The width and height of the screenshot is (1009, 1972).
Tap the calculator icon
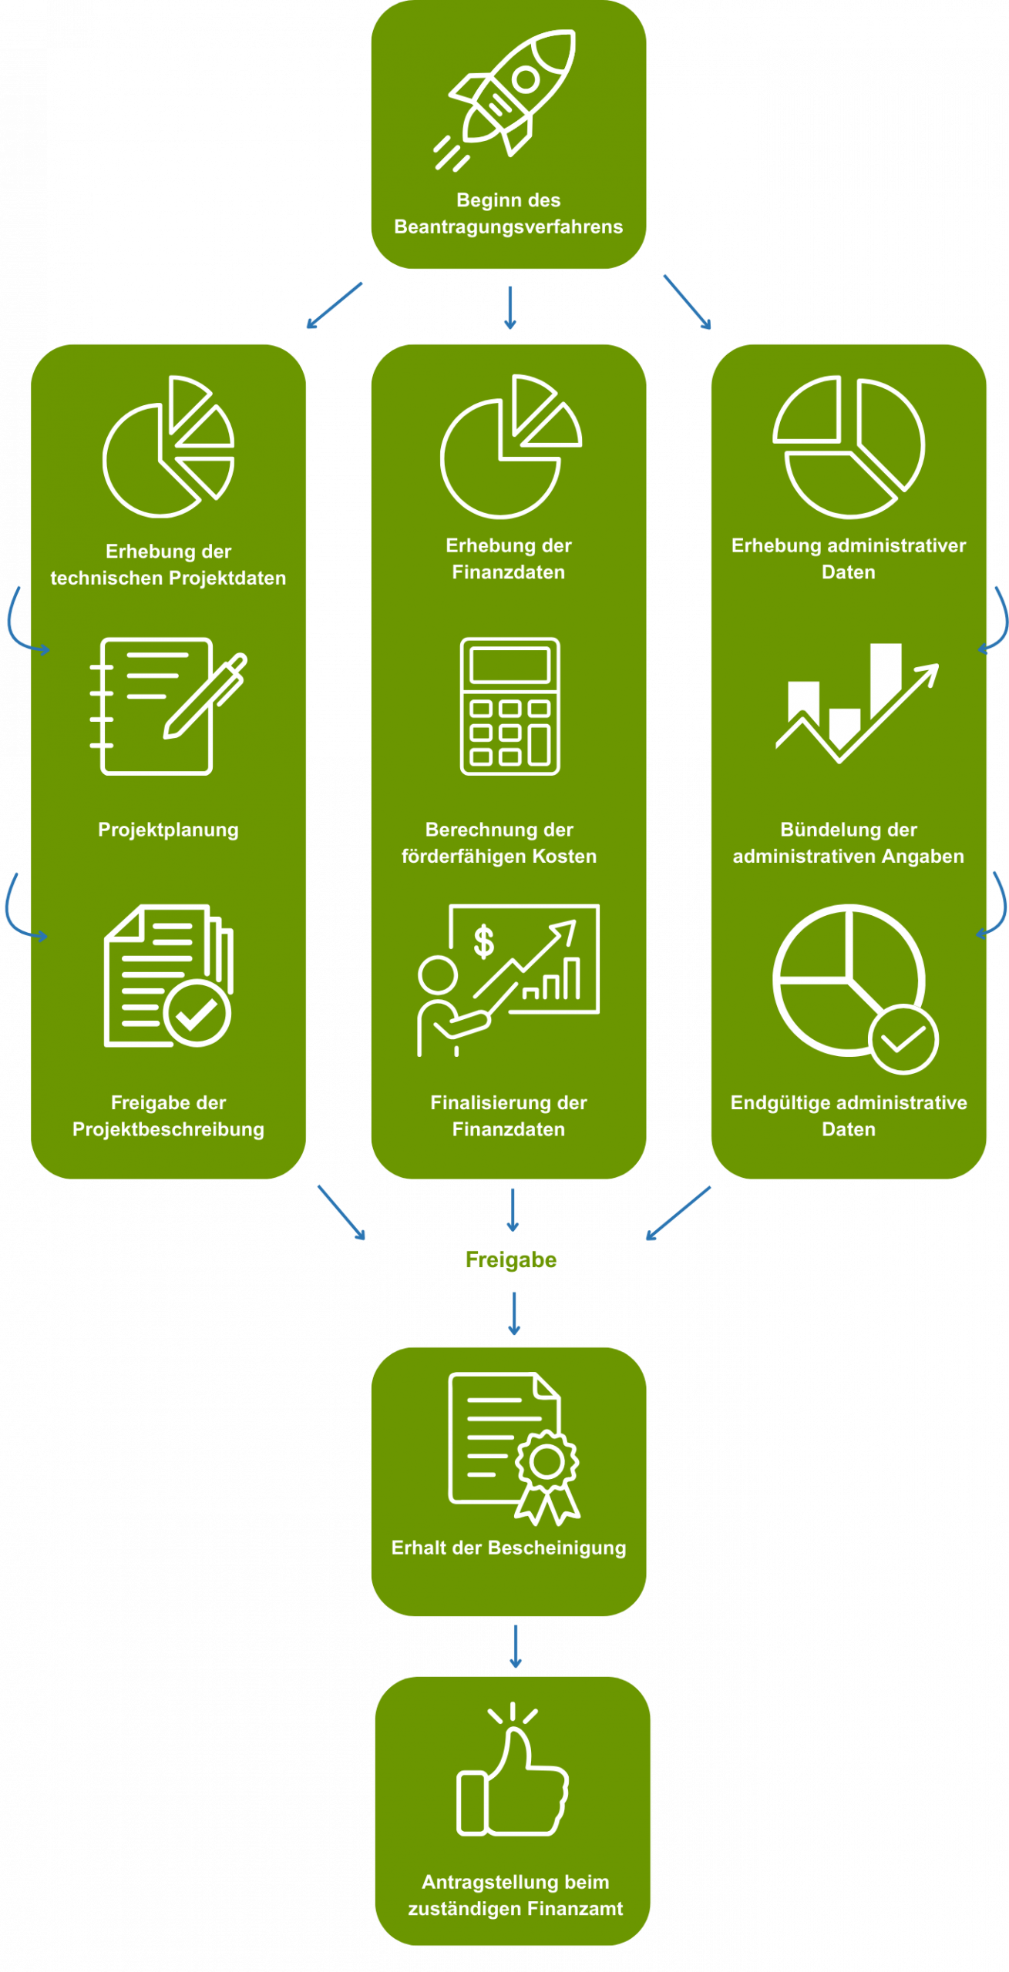[x=510, y=706]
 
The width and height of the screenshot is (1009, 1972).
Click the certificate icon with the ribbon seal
[x=513, y=1447]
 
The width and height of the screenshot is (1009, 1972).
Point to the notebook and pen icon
[x=168, y=706]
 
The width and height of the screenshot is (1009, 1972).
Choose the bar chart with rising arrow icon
[x=856, y=702]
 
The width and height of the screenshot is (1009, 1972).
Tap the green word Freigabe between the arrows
[x=511, y=1259]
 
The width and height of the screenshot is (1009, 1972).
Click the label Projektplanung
[x=168, y=830]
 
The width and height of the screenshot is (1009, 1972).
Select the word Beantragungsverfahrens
[x=508, y=226]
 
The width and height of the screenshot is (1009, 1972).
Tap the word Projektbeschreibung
[x=168, y=1129]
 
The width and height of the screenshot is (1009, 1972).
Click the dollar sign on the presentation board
[x=483, y=941]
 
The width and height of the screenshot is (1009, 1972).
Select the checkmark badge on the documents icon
[x=197, y=1014]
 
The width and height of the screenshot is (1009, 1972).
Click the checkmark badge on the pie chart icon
[x=903, y=1039]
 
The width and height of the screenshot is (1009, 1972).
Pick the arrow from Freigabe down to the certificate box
[x=514, y=1313]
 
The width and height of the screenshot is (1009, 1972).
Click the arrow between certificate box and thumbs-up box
[x=516, y=1646]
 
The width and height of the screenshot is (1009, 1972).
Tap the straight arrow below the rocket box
[x=509, y=307]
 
